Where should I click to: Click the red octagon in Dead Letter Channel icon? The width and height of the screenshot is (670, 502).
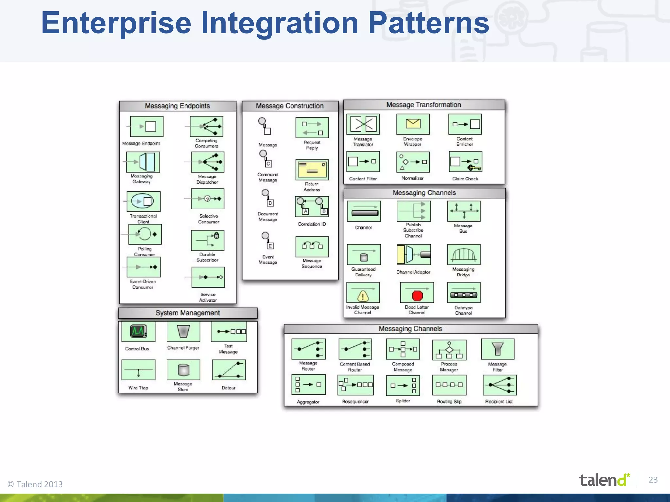[x=417, y=295]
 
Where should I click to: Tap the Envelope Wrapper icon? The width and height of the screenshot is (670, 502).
[x=413, y=124]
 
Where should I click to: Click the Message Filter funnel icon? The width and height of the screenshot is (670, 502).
[x=497, y=349]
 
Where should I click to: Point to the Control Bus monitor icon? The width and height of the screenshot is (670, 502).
[x=138, y=331]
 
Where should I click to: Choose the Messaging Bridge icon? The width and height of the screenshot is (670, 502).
[x=464, y=255]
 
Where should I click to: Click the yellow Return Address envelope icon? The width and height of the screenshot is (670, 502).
[x=312, y=170]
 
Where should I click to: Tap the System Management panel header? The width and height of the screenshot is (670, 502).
[x=188, y=313]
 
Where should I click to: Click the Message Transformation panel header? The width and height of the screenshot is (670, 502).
[x=424, y=105]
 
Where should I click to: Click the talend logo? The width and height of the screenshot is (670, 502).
[x=604, y=480]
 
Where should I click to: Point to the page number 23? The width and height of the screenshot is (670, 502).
[x=653, y=479]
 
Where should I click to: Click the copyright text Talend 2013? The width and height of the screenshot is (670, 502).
[x=35, y=484]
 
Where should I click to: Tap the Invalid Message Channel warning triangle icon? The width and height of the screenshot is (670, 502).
[x=363, y=296]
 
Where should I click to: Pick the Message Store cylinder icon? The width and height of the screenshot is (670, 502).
[x=184, y=370]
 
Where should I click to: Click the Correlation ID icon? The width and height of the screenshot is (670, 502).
[x=312, y=207]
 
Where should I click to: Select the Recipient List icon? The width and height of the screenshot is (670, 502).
[x=499, y=385]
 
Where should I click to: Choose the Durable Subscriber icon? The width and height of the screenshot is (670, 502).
[x=207, y=241]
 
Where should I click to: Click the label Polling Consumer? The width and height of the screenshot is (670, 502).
[x=145, y=251]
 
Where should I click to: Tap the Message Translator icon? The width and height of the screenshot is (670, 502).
[x=363, y=124]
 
